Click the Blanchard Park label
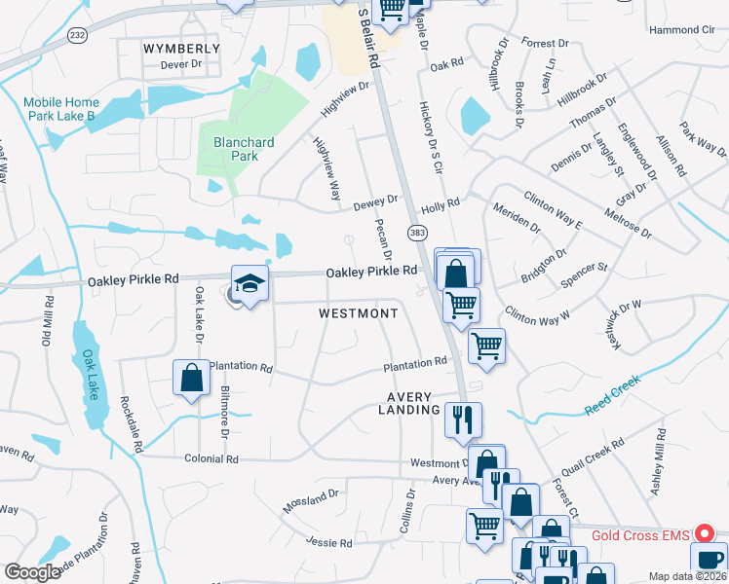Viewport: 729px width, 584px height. tap(243, 149)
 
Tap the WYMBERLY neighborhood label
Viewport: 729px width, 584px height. tap(181, 48)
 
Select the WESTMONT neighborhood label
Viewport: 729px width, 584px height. tap(359, 313)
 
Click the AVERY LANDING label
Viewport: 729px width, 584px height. tap(409, 403)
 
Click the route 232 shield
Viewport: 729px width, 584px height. tap(77, 35)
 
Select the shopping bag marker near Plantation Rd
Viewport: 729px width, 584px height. tap(191, 379)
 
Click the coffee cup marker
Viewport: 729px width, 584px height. tap(709, 561)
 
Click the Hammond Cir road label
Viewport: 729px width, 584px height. tap(681, 30)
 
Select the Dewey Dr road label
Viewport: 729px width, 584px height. tap(376, 200)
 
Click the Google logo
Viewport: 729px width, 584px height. tap(32, 572)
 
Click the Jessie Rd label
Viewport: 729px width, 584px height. tap(326, 541)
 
